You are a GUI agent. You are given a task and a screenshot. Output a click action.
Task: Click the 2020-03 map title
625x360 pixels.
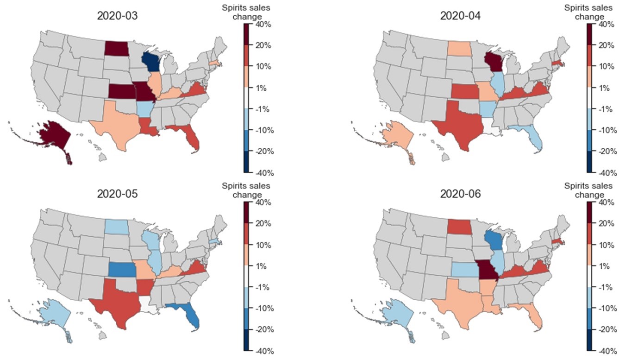click(x=117, y=15)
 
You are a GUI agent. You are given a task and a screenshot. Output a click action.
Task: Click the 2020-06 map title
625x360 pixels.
click(x=460, y=194)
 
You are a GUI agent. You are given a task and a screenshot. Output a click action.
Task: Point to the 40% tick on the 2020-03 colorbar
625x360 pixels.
click(x=258, y=24)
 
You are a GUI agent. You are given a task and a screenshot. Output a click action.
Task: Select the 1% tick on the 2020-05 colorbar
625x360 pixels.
click(x=258, y=266)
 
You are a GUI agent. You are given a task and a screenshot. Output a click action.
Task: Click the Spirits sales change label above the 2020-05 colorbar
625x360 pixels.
click(x=245, y=190)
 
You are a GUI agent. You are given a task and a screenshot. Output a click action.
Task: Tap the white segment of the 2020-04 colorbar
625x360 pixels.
click(x=589, y=98)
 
